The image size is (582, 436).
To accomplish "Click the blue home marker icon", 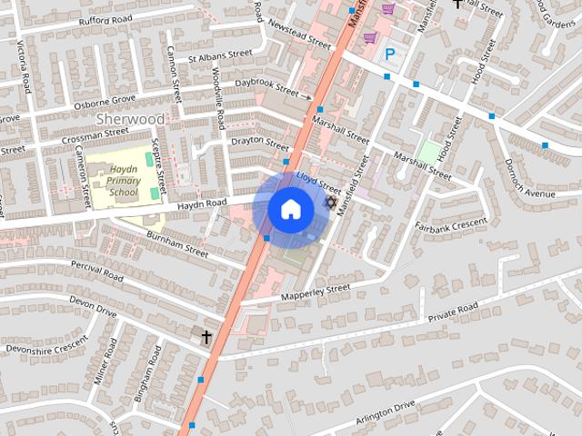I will click(289, 209).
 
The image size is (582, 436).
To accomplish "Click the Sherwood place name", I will click(131, 119).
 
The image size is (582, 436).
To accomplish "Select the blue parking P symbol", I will click(390, 54).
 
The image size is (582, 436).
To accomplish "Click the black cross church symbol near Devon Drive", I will click(206, 337).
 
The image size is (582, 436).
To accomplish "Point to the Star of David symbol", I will click(332, 202).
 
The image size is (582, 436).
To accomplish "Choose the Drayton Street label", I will click(260, 142).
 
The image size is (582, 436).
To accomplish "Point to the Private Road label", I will click(453, 314).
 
